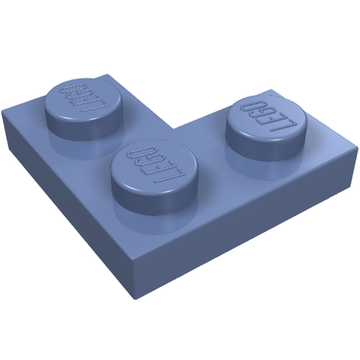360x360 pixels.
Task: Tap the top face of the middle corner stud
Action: click(x=154, y=166)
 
